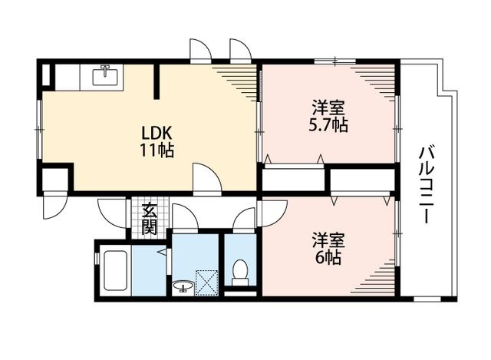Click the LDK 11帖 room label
(x=157, y=141)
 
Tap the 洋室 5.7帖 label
(x=328, y=116)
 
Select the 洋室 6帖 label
(x=328, y=249)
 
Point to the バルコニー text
(x=427, y=185)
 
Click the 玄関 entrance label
(x=150, y=220)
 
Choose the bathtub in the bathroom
(x=115, y=271)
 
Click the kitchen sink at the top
(x=105, y=75)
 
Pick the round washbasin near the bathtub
(x=183, y=286)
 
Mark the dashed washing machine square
(x=206, y=282)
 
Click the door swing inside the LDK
(x=207, y=179)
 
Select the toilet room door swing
(x=244, y=220)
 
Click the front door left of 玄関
(x=113, y=214)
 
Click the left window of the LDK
(x=39, y=129)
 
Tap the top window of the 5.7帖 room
(x=335, y=61)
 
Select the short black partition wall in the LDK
(x=157, y=82)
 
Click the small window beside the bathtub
(x=97, y=256)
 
